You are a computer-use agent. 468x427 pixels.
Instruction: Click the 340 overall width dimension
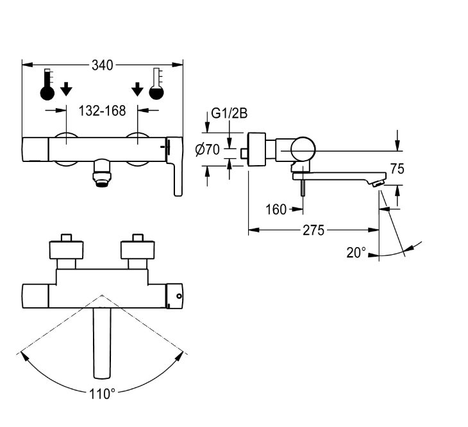(103, 65)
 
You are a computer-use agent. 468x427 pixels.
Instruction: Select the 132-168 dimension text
(102, 111)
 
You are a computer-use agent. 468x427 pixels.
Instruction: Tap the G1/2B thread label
(230, 113)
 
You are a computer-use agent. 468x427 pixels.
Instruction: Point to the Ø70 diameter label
(208, 150)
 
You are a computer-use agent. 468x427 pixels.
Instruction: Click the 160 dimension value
(276, 209)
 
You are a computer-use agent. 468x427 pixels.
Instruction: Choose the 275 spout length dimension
(313, 230)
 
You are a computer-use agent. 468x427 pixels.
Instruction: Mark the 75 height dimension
(397, 169)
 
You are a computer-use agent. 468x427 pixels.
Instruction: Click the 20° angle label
(356, 253)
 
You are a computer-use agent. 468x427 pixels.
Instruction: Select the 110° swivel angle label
(102, 394)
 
